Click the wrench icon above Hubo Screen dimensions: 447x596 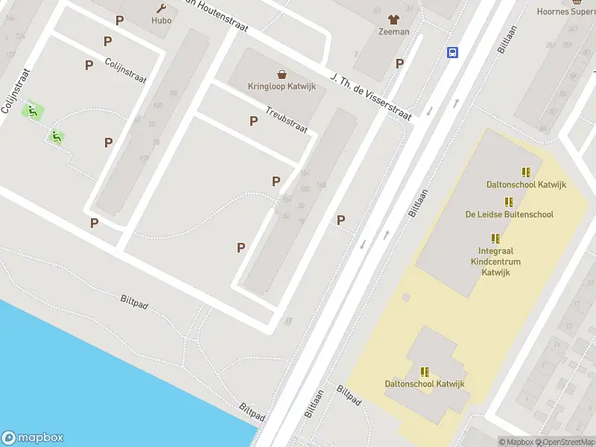[x=161, y=8]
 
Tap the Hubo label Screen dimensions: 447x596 [x=161, y=21]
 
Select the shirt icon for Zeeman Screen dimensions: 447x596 [x=393, y=19]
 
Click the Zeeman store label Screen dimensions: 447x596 [x=393, y=32]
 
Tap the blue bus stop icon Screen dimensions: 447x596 [x=452, y=51]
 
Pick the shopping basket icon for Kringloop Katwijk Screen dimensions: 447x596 [x=282, y=74]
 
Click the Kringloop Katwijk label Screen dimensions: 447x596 [x=282, y=86]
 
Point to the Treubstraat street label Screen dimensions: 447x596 [x=287, y=119]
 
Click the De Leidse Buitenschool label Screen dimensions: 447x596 [x=510, y=215]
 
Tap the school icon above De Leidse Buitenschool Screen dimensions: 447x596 [x=510, y=202]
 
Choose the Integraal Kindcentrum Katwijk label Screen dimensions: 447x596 [x=495, y=261]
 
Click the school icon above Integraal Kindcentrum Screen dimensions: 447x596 [x=496, y=238]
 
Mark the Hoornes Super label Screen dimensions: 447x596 [x=566, y=11]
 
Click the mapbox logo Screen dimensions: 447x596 [x=32, y=438]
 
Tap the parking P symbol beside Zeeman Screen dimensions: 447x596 [x=400, y=63]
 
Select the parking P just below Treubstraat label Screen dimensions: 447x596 [x=254, y=121]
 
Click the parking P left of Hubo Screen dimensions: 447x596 [x=119, y=20]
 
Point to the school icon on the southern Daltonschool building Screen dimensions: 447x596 [x=425, y=372]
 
